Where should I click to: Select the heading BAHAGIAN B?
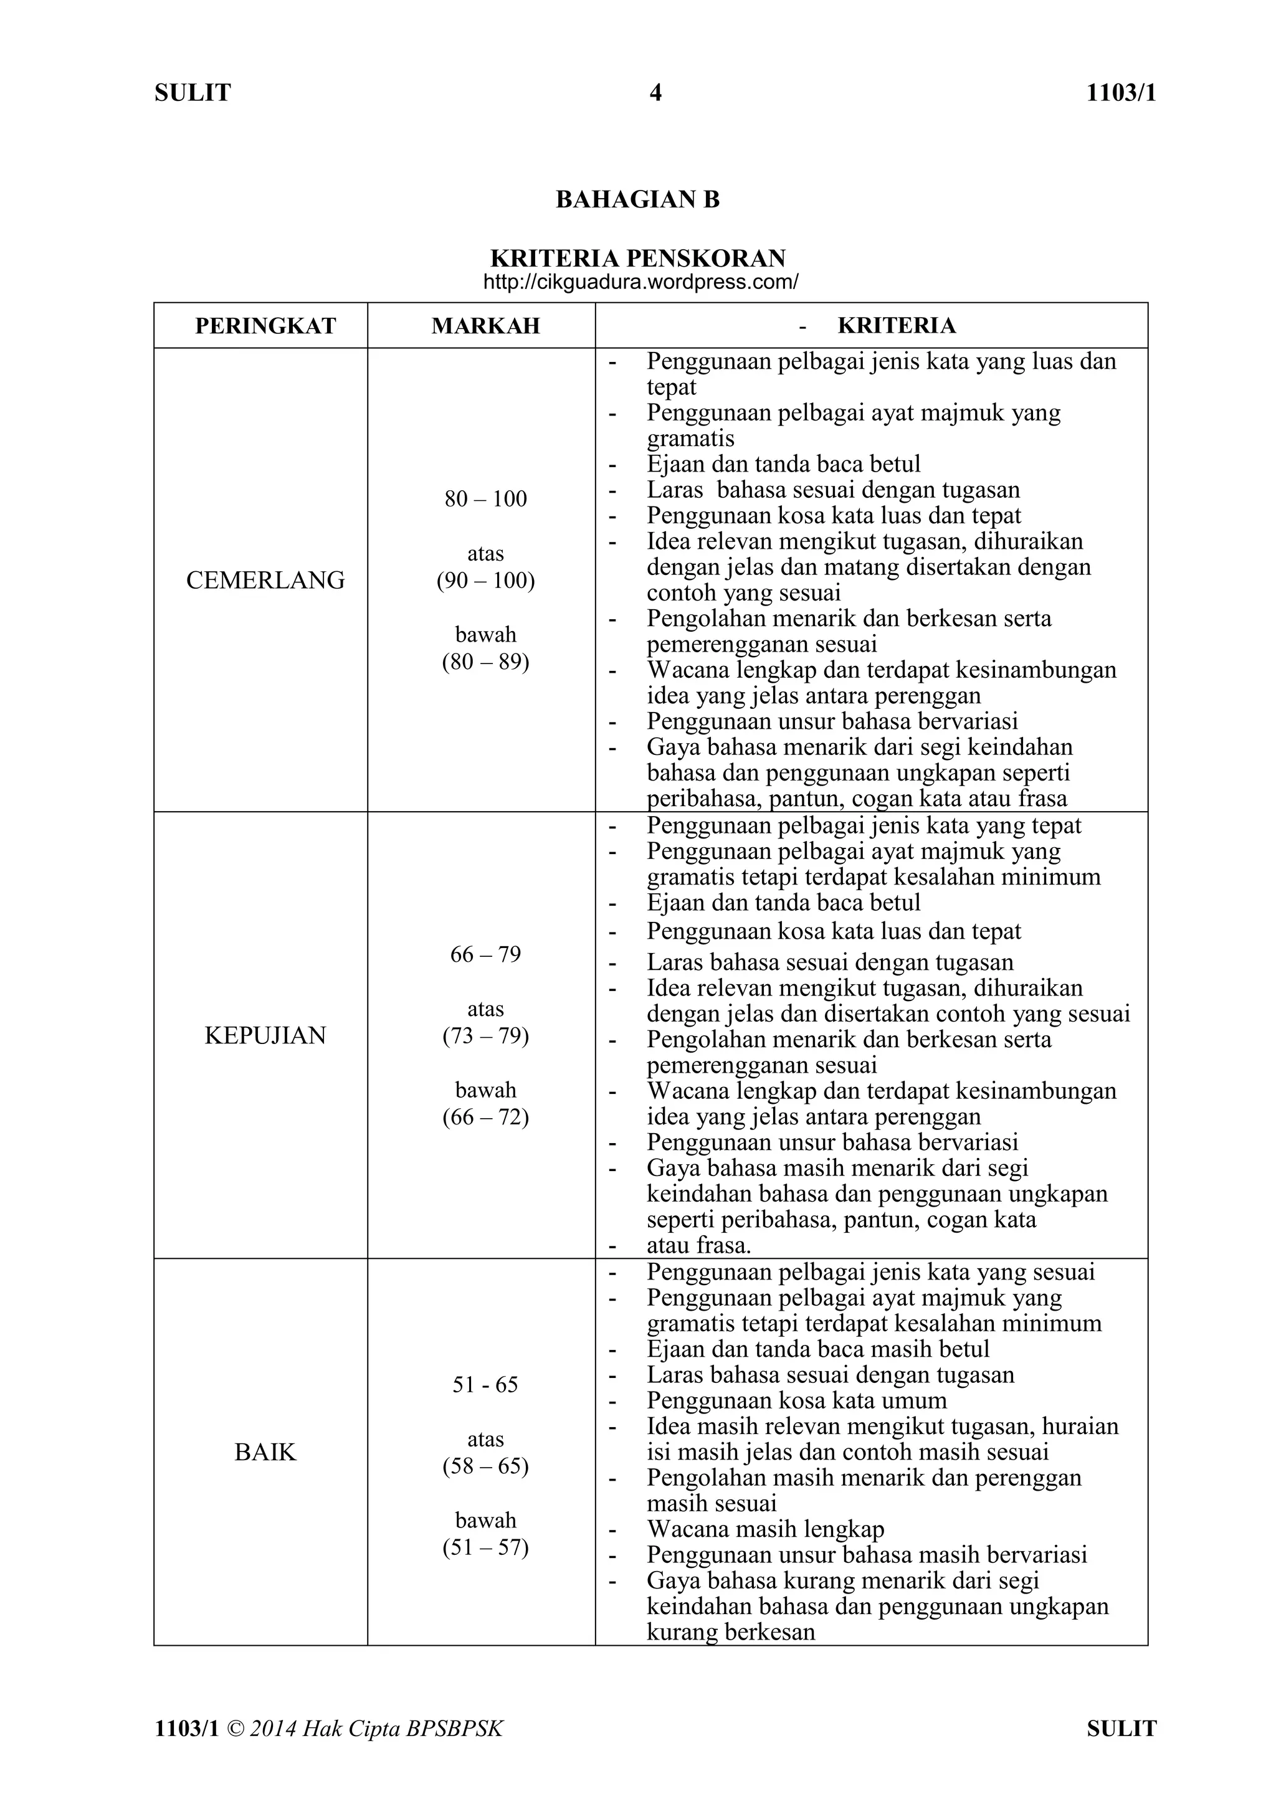coord(637,199)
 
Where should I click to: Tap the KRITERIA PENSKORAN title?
coord(637,259)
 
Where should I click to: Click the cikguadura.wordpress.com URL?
coord(640,283)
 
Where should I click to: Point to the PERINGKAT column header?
coord(265,326)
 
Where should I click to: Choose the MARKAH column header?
coord(485,326)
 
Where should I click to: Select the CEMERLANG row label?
coord(265,581)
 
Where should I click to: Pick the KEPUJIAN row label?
coord(265,1035)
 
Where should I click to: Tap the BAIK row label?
coord(265,1452)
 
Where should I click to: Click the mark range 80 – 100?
coord(485,499)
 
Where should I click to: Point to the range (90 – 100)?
coord(485,581)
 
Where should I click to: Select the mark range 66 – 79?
coord(485,955)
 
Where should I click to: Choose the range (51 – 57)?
coord(485,1547)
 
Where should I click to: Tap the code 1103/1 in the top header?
coord(1121,93)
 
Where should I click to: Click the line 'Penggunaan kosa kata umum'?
coord(797,1400)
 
